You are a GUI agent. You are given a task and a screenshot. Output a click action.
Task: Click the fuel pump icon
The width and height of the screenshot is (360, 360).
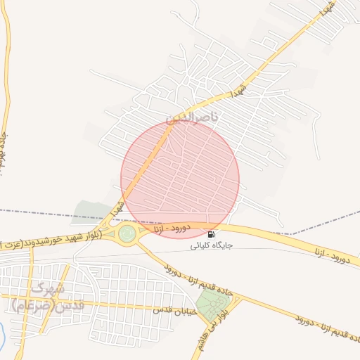point(212,234)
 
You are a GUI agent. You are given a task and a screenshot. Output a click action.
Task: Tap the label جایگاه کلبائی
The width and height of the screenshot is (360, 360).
point(212,246)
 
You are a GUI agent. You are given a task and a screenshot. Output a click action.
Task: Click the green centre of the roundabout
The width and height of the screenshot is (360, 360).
point(127,233)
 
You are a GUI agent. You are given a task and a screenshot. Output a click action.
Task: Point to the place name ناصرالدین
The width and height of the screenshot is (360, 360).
point(191,119)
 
